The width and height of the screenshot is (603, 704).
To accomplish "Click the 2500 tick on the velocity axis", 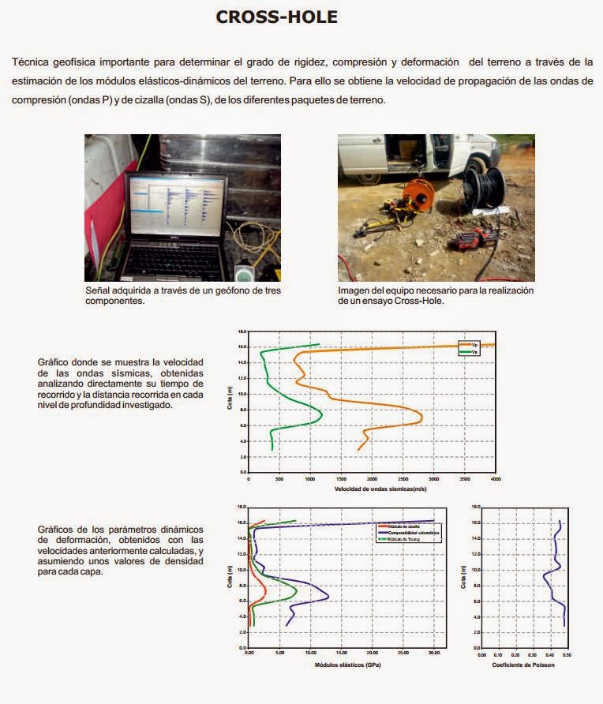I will pyautogui.click(x=403, y=479).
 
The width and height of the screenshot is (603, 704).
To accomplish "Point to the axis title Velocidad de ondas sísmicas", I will pyautogui.click(x=380, y=489).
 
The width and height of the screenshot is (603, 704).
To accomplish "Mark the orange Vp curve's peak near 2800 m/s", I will pyautogui.click(x=422, y=416).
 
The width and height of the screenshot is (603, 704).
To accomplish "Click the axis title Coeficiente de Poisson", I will pyautogui.click(x=523, y=665).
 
